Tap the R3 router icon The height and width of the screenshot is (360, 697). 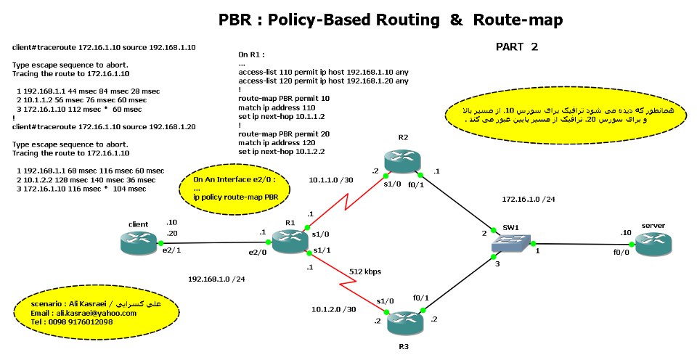pos(404,321)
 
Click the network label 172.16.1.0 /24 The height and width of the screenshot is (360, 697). pos(529,198)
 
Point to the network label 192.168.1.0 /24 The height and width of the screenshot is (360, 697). pos(216,278)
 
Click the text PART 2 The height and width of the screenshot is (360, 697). pos(517,47)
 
